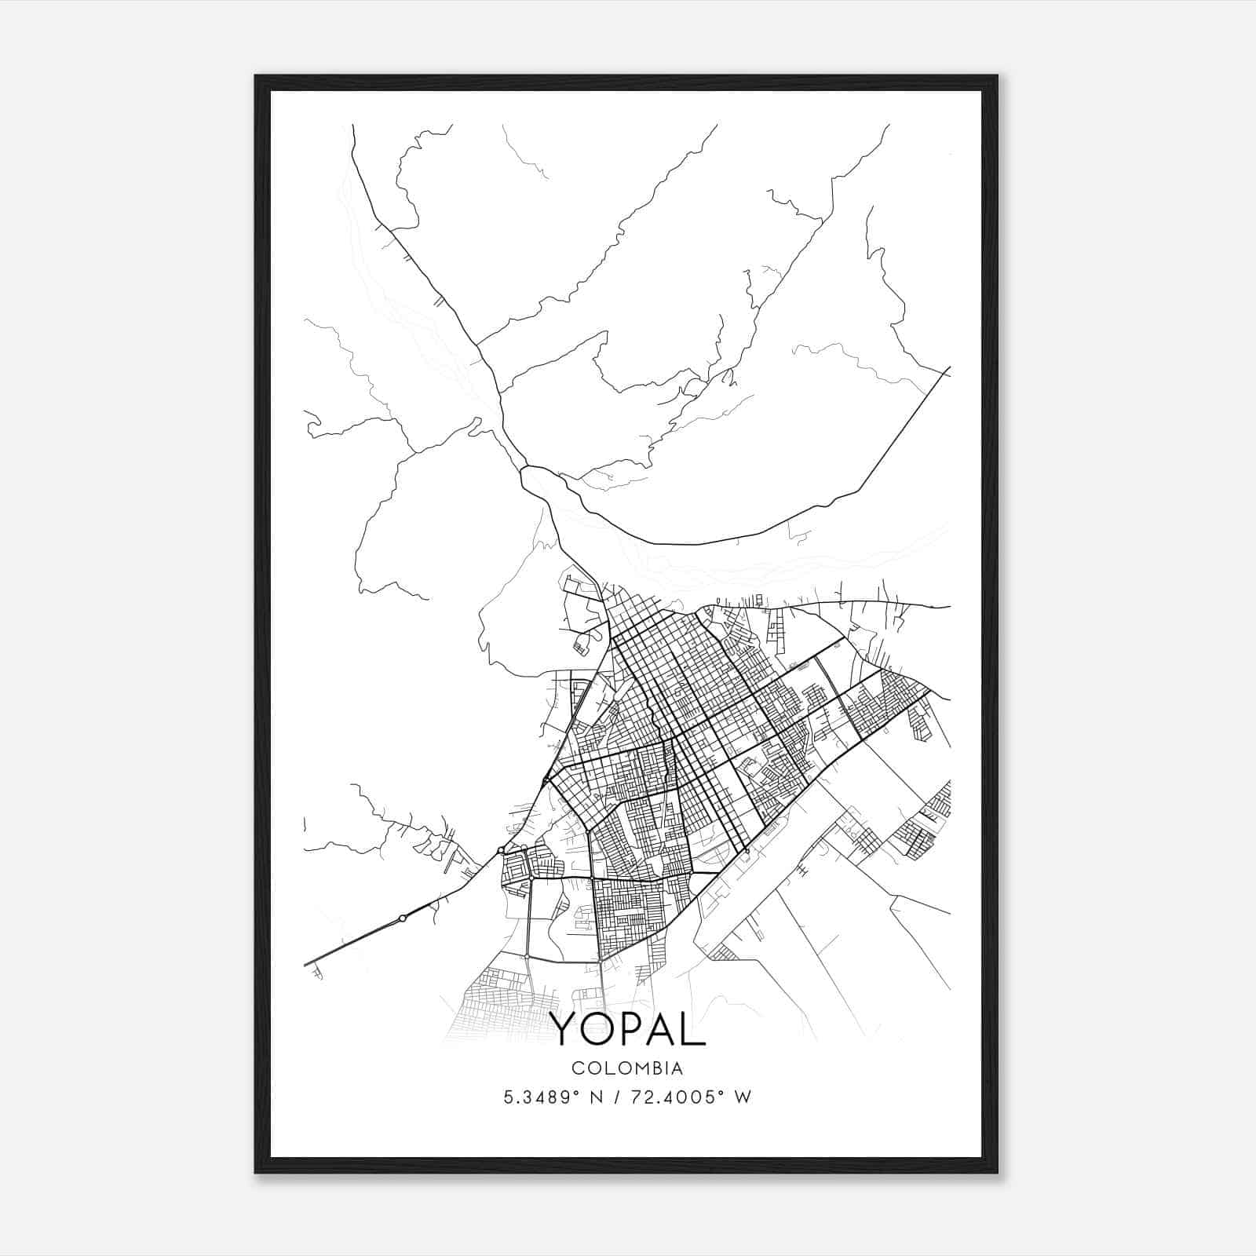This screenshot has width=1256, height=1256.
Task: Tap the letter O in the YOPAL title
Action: (600, 1028)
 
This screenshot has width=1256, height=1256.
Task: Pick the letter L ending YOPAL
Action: (696, 1028)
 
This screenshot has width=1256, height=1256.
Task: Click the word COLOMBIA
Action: (627, 1068)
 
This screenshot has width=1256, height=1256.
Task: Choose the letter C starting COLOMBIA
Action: (577, 1068)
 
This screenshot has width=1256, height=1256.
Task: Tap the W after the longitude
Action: (743, 1097)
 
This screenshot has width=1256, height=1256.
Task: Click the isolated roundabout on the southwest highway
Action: (402, 918)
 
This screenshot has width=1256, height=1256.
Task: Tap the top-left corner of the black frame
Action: (256, 76)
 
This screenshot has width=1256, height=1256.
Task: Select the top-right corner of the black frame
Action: (997, 76)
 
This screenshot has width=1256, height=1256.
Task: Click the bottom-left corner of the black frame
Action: (256, 1173)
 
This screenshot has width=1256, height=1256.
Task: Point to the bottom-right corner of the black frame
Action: (997, 1173)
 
